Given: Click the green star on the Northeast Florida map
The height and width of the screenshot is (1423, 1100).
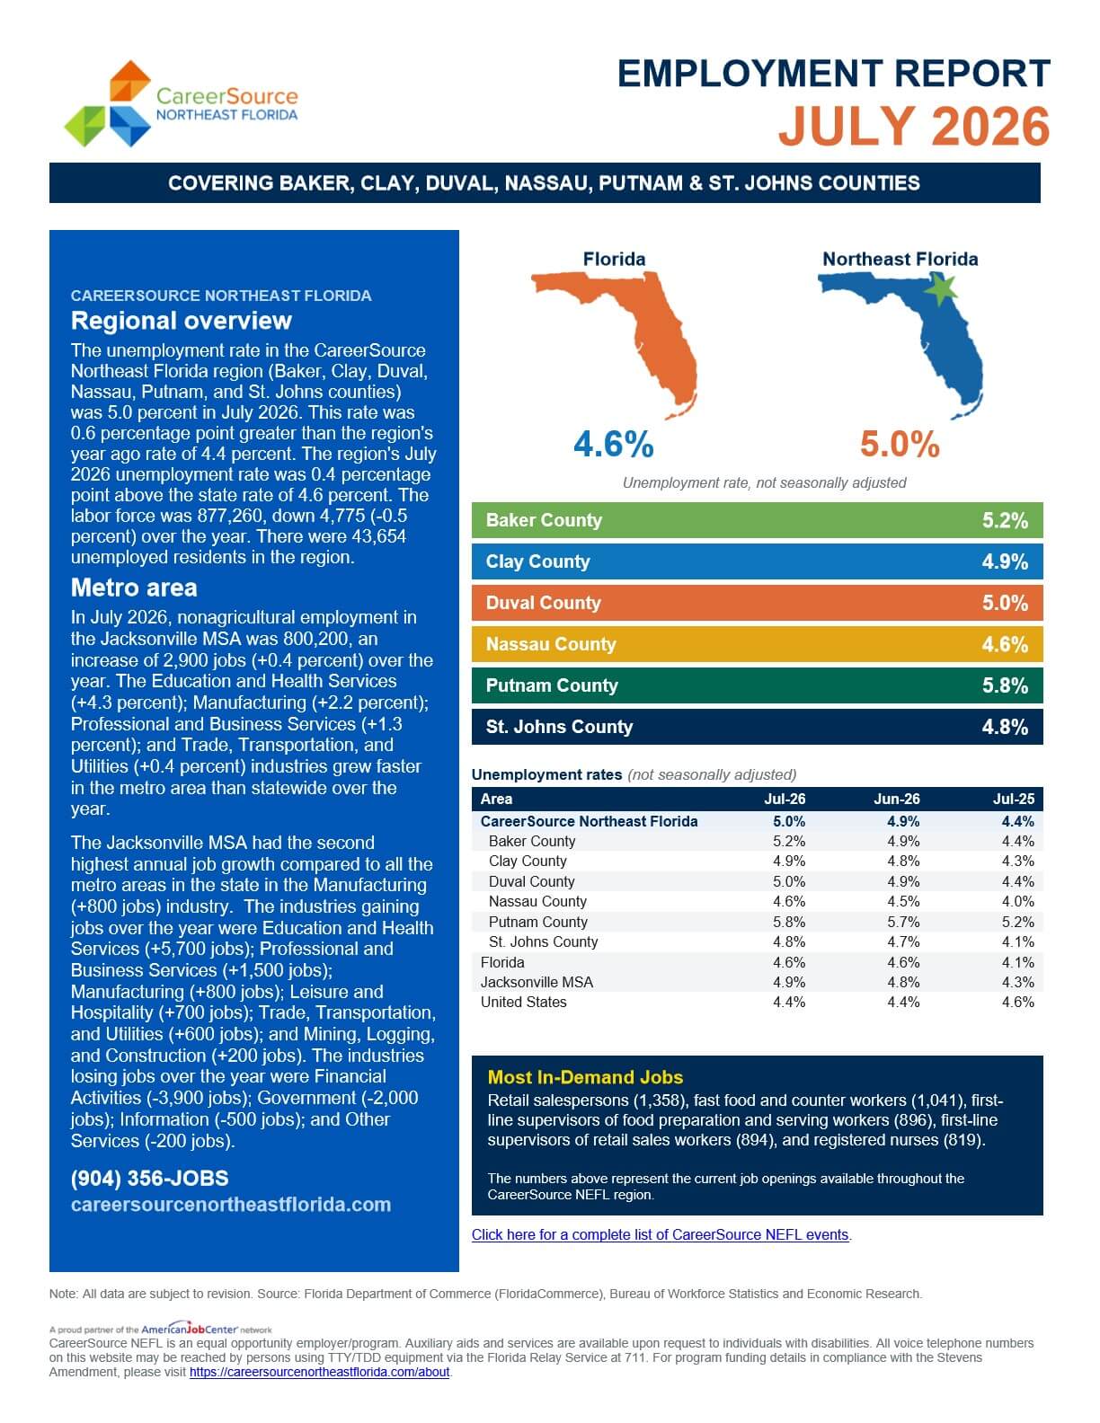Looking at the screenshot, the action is (x=942, y=289).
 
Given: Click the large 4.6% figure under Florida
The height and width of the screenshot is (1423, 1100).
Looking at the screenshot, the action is (x=613, y=444).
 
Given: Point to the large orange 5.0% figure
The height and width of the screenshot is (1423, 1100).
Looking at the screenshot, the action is (x=900, y=444).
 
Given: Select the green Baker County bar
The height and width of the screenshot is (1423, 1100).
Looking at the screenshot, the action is (x=757, y=520).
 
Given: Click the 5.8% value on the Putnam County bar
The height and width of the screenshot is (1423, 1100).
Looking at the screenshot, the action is (x=1005, y=685).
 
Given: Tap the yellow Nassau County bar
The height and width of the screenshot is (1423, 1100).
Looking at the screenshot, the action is (x=757, y=644).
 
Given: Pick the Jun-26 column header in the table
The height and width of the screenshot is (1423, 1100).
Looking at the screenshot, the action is (x=896, y=799).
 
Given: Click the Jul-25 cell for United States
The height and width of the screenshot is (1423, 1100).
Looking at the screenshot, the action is (x=1017, y=1002).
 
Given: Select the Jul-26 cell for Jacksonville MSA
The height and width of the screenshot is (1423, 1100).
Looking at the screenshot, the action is (x=789, y=982).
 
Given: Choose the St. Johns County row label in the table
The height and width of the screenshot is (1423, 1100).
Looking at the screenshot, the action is (x=543, y=941).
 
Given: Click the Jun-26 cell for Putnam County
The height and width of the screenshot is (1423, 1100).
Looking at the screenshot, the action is (x=903, y=922).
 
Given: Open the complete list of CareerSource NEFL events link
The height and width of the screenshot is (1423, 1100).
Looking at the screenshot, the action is (x=661, y=1234).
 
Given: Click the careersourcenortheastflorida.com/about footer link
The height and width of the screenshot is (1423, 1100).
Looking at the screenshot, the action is (x=320, y=1372).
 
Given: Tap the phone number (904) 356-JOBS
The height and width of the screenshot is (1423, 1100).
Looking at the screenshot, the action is (x=149, y=1178).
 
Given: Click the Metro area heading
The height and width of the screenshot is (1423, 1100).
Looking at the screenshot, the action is (x=134, y=588).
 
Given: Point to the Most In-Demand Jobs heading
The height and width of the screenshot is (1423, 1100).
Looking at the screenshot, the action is (x=585, y=1077).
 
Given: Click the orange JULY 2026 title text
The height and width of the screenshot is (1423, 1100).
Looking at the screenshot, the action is (x=914, y=127).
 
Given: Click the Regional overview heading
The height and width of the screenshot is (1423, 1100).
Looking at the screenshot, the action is (x=181, y=321).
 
